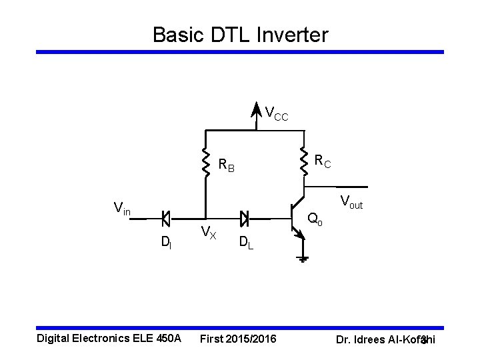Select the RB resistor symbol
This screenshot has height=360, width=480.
[206, 161]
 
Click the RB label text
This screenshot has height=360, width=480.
[227, 165]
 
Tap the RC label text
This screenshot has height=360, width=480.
[323, 161]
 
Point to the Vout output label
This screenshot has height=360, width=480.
[351, 201]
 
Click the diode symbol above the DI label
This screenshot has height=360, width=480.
[166, 217]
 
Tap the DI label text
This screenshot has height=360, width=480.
[166, 243]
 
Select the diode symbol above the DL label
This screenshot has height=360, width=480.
[245, 217]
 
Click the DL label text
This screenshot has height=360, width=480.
[245, 243]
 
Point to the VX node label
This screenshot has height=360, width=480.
[209, 232]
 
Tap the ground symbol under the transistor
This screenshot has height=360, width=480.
[303, 258]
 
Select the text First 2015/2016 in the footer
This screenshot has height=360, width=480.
[237, 339]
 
